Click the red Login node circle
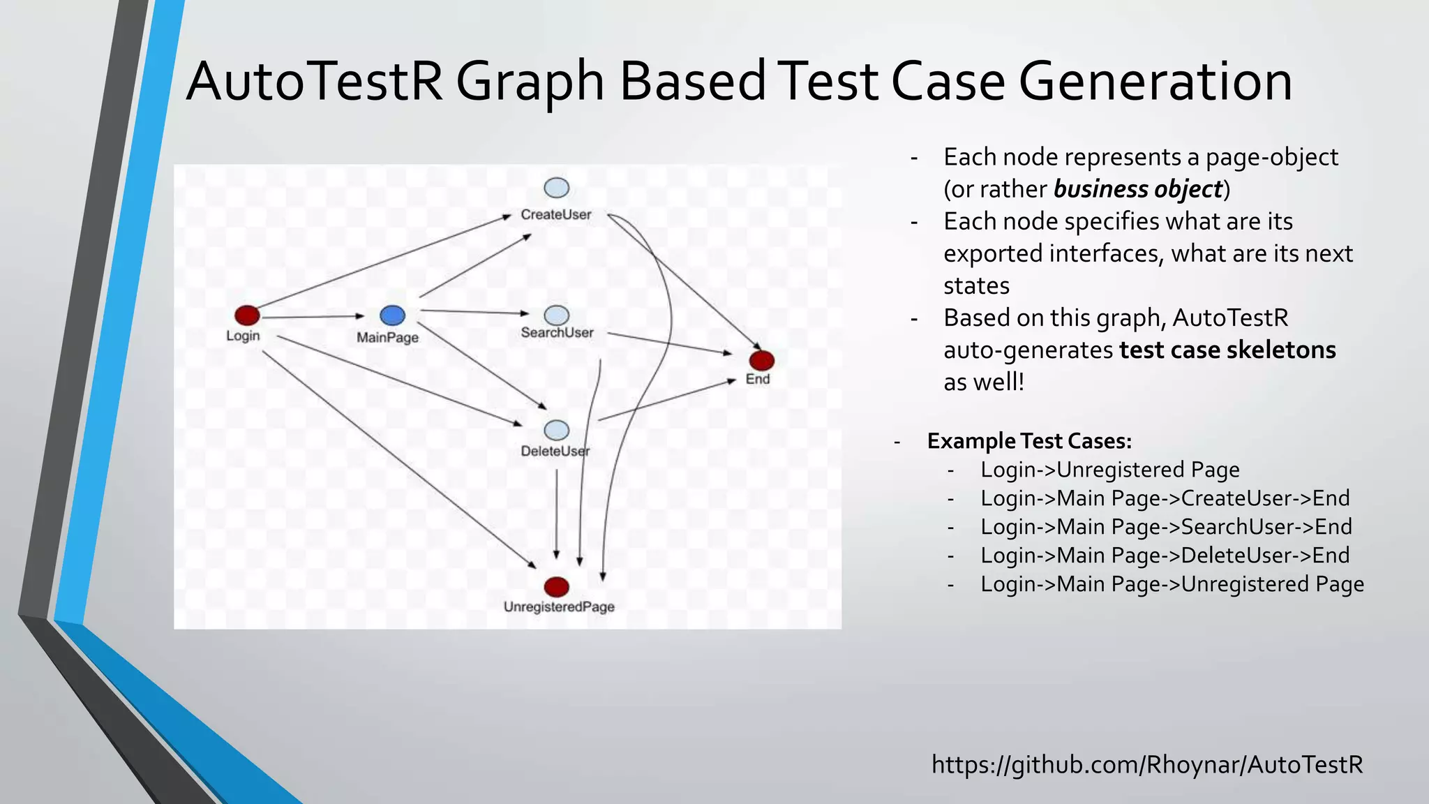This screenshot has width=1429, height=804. (247, 315)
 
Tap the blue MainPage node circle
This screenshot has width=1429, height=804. (392, 315)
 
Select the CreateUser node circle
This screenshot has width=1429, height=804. (556, 188)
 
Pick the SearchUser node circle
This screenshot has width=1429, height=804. (556, 315)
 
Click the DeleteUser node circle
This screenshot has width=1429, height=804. (556, 430)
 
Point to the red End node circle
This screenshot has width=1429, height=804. (761, 360)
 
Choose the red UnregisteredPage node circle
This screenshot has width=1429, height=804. (556, 586)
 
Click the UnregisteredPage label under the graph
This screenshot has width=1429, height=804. (559, 607)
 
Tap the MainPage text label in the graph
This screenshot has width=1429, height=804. (387, 338)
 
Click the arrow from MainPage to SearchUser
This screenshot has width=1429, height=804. (474, 312)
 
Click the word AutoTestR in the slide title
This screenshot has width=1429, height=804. (314, 82)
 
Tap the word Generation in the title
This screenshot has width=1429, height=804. (1155, 82)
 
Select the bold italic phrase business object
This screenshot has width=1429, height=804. (1138, 189)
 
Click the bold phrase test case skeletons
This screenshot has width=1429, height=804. (1227, 350)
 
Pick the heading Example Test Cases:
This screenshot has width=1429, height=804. (1029, 441)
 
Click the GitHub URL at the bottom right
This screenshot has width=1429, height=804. (1147, 765)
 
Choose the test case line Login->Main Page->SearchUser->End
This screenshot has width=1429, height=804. (1166, 527)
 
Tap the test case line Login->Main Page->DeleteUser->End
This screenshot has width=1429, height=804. (1165, 556)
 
